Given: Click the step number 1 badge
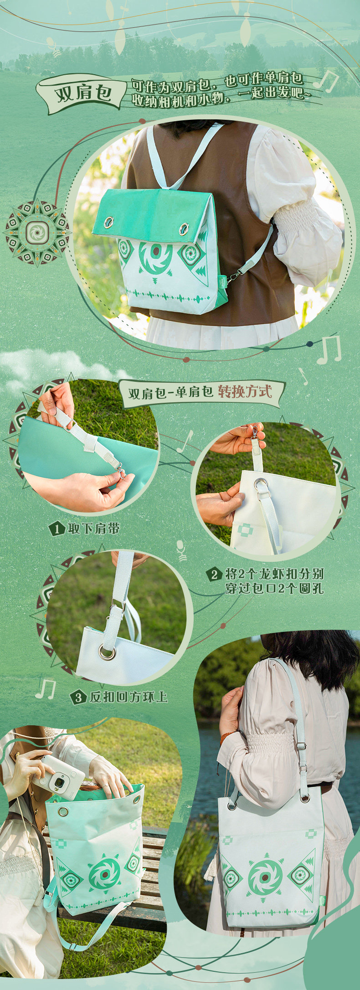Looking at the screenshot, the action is pyautogui.click(x=57, y=529).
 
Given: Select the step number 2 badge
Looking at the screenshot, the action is pyautogui.click(x=214, y=574).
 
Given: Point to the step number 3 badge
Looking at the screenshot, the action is pyautogui.click(x=78, y=697).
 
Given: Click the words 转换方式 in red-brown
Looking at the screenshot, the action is pyautogui.click(x=245, y=391).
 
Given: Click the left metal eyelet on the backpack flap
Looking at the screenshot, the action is pyautogui.click(x=108, y=222).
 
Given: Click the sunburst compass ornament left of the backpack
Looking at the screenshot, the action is pyautogui.click(x=36, y=232).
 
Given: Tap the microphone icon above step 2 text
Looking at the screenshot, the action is pyautogui.click(x=181, y=550).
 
